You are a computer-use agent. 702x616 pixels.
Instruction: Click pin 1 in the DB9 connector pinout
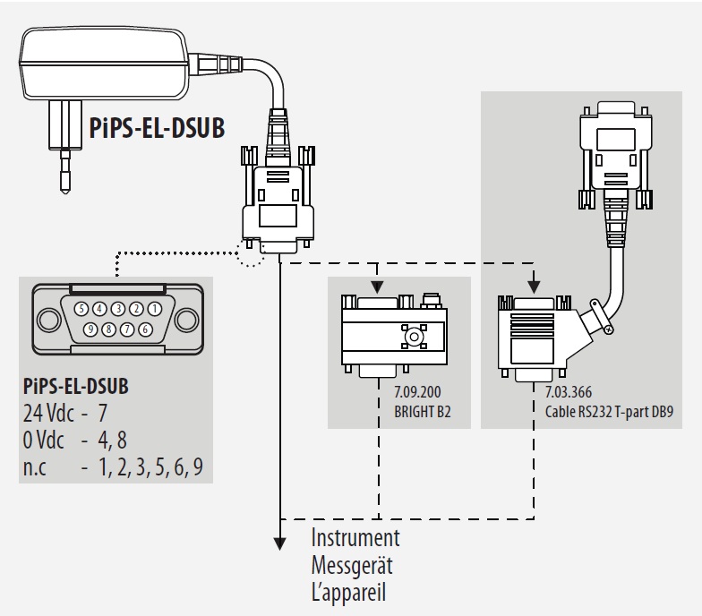tap(155, 308)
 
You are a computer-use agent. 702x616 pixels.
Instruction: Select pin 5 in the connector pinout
tap(81, 308)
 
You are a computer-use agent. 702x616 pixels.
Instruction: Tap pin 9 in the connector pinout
tap(90, 328)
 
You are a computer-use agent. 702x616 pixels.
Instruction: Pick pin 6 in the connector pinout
tap(146, 328)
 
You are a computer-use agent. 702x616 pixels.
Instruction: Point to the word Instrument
tap(355, 540)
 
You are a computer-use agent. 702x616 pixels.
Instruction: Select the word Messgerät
tap(352, 568)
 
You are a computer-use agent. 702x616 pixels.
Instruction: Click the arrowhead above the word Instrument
tap(281, 543)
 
